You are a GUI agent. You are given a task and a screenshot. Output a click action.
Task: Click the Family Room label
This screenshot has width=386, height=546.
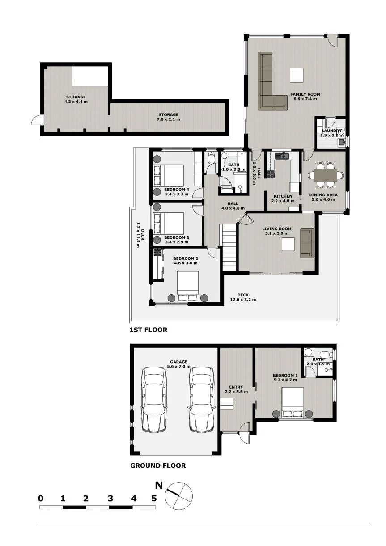point(305,94)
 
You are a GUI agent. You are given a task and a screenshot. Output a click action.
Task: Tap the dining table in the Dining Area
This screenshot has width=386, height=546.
point(326,175)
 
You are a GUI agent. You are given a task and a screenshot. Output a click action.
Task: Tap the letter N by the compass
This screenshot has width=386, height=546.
point(159,485)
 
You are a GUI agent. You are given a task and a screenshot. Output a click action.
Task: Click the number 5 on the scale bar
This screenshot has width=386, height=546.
point(154,499)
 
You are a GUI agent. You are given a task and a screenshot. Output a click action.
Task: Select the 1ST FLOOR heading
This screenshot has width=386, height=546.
point(148,330)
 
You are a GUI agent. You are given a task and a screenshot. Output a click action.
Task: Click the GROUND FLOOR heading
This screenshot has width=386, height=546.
point(158,466)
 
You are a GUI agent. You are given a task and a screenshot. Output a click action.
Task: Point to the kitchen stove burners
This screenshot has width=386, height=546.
point(270,174)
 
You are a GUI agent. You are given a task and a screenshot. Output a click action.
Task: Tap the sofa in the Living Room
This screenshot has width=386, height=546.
point(307,243)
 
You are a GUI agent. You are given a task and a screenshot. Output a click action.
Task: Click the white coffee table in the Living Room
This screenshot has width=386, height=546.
point(288,244)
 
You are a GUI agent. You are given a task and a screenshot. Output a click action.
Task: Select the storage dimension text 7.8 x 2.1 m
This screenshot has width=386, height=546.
point(169,119)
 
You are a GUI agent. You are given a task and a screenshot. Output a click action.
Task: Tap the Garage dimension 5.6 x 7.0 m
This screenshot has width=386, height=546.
point(179,366)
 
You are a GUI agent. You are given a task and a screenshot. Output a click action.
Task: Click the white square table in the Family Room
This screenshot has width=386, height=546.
point(297,75)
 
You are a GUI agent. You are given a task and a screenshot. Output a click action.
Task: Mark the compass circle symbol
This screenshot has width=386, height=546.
point(179,496)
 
